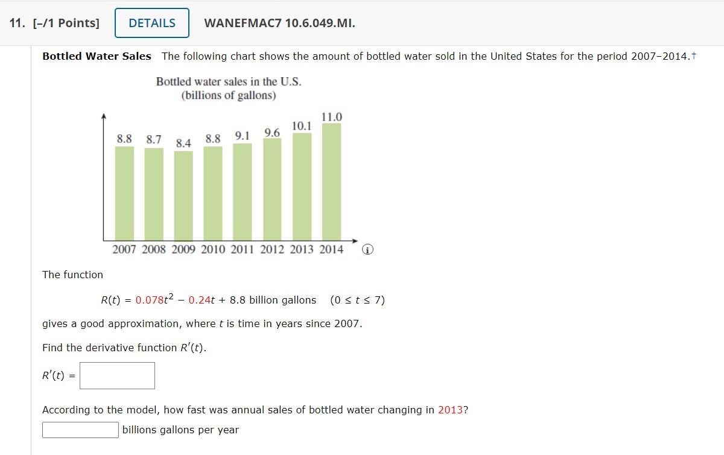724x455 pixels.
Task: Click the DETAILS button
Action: coord(151,23)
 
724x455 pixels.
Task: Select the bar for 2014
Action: coord(331,181)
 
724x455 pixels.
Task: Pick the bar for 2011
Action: coord(242,191)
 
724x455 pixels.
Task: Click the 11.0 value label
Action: coord(332,116)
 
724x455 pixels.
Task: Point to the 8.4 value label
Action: coord(183,143)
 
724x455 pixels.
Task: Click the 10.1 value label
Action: coord(302,126)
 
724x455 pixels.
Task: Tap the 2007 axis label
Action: coord(124,249)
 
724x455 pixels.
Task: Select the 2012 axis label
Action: coord(272,249)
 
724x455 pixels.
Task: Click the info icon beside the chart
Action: coord(369,249)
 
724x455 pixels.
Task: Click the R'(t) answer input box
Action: coord(117,375)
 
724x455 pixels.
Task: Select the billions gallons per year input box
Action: coord(80,430)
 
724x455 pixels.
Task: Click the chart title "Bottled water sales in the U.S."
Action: coord(229,81)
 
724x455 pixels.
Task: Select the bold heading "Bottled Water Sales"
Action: coord(97,56)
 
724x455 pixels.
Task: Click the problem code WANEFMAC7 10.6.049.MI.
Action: coord(280,24)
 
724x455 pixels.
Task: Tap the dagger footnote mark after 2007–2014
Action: coord(694,56)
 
